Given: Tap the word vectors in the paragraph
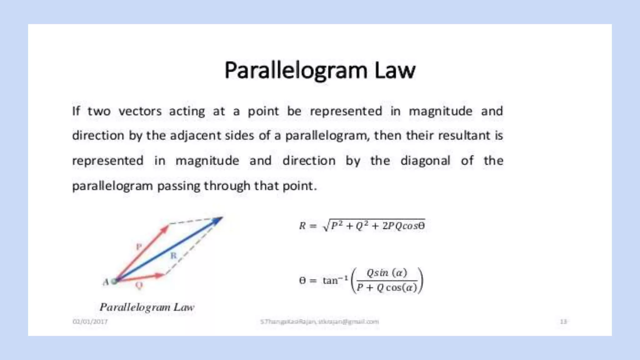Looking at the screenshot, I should pyautogui.click(x=140, y=111).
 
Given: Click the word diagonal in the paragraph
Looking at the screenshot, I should pyautogui.click(x=425, y=161).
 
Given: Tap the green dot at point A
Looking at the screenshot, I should pyautogui.click(x=114, y=281).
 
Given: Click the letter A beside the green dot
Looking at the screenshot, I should pyautogui.click(x=106, y=282).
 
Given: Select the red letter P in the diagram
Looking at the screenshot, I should pyautogui.click(x=139, y=247).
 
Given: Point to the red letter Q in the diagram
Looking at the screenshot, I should pyautogui.click(x=139, y=285).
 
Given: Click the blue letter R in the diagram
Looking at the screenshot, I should pyautogui.click(x=173, y=256).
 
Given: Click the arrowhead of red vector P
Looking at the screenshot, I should pyautogui.click(x=165, y=229).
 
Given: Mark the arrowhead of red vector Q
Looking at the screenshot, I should pyautogui.click(x=161, y=275).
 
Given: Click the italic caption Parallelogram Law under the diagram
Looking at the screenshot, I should pyautogui.click(x=147, y=307).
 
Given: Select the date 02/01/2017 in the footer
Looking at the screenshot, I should pyautogui.click(x=90, y=322).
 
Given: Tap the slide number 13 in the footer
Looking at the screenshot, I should pyautogui.click(x=563, y=322).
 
